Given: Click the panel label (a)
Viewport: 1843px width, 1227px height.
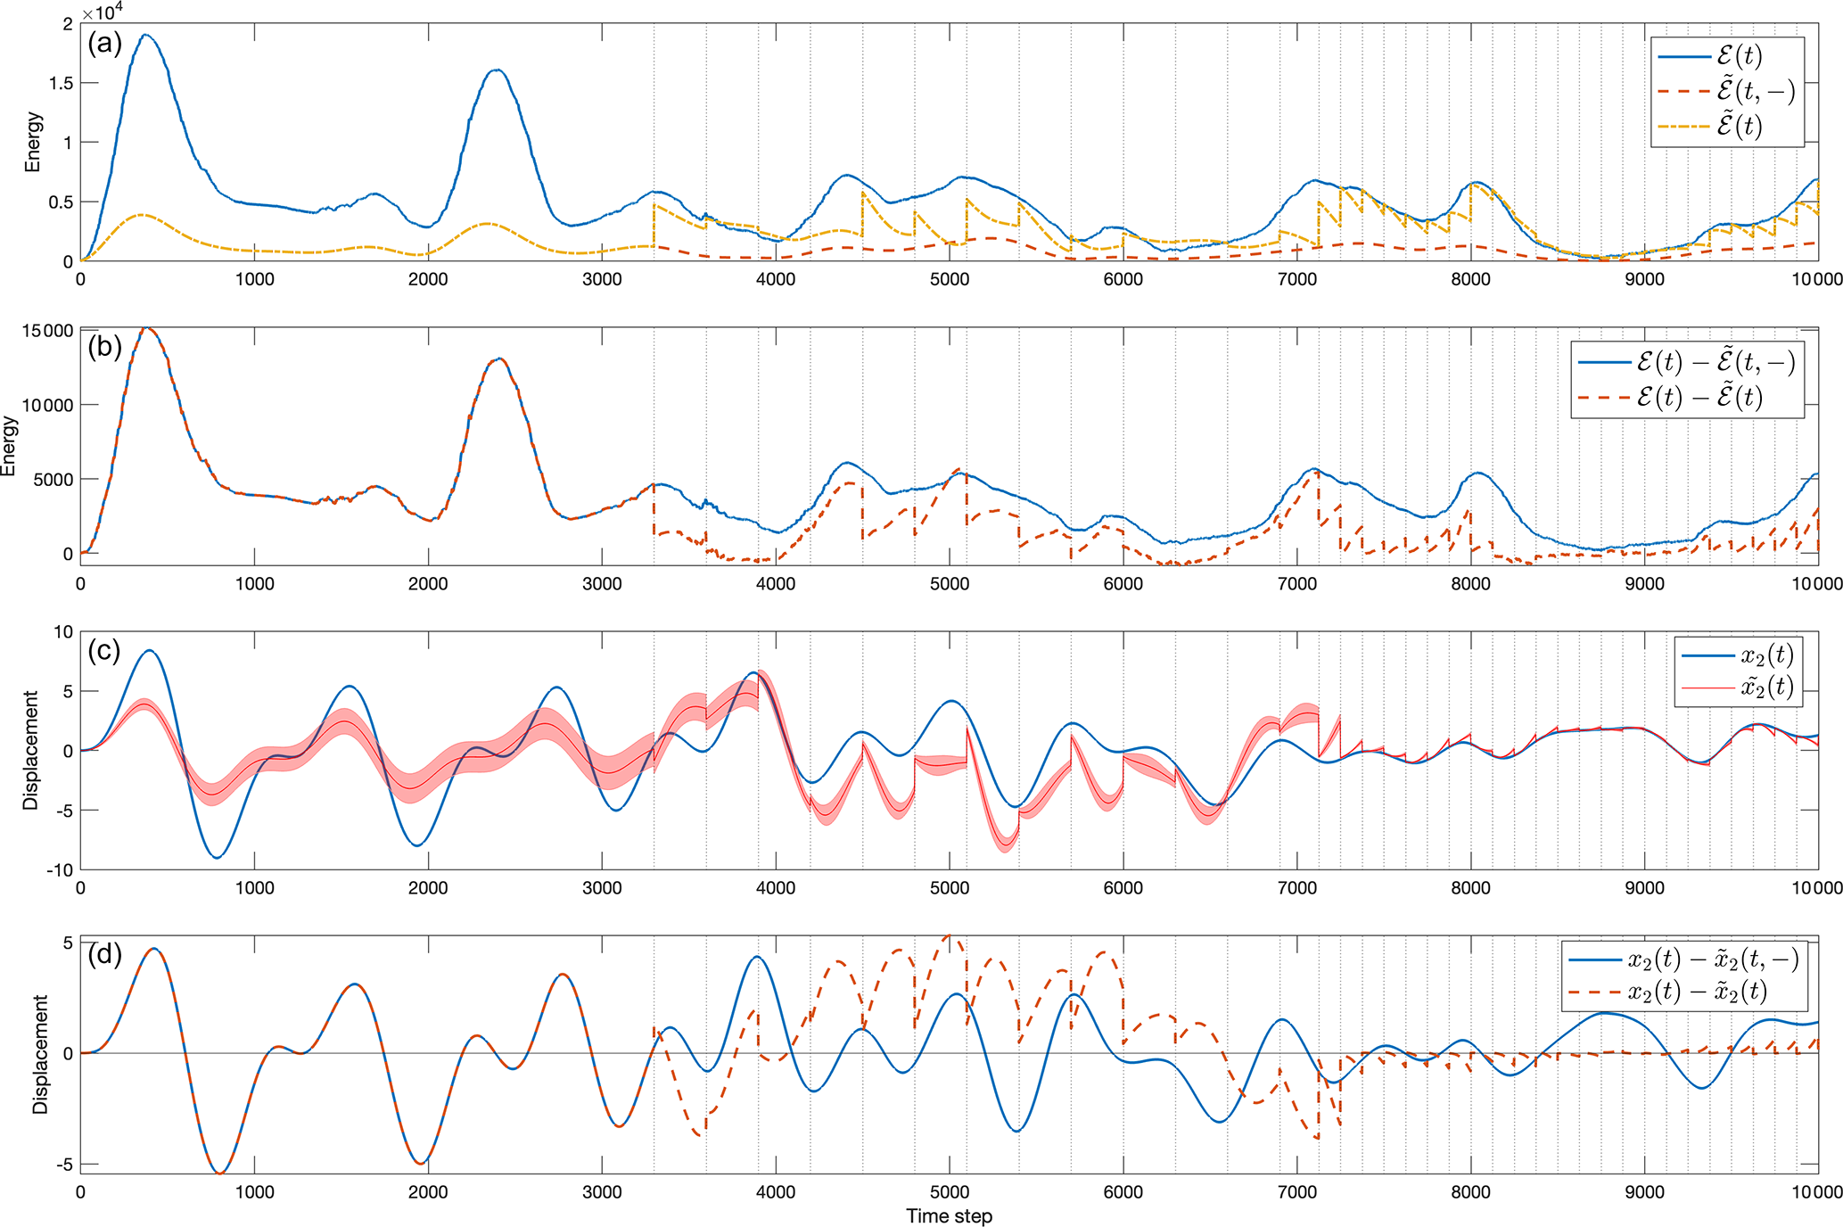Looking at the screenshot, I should pos(104,43).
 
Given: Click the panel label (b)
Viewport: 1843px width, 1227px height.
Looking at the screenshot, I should pos(104,347).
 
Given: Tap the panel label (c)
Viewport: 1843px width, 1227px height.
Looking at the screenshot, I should pos(104,651).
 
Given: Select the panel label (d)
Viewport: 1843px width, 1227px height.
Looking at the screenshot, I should pos(104,955).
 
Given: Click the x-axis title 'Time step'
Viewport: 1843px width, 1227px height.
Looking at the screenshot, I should pos(949,1216).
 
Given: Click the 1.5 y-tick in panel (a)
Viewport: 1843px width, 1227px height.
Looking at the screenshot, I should pos(62,83).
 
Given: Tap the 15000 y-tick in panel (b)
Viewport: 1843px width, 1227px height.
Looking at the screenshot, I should pos(46,331).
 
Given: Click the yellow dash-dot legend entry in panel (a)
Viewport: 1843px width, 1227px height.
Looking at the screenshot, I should pos(1726,126).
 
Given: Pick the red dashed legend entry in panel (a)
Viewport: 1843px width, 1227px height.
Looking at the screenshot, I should pos(1726,91).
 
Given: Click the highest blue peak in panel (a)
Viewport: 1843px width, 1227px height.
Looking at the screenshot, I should pos(145,36).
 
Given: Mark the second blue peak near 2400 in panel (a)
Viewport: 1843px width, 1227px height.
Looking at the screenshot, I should pos(497,70).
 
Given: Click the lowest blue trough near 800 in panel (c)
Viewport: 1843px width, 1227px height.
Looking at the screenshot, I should pos(218,857).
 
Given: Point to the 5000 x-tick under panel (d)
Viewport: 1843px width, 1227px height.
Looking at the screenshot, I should pos(949,1191).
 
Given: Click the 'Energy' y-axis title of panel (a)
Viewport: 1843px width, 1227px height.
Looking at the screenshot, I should pos(33,142).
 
